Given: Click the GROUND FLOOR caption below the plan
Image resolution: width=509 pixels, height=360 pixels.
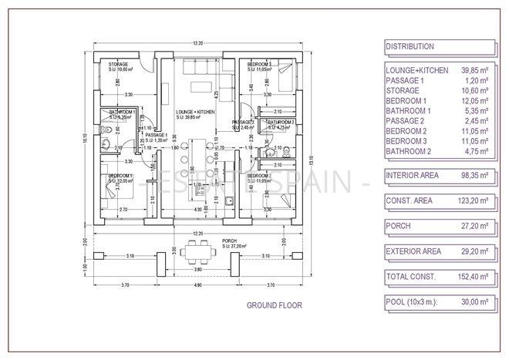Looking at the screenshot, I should tap(274, 305).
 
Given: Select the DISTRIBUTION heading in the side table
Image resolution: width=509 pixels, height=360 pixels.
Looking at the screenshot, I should tap(410, 47).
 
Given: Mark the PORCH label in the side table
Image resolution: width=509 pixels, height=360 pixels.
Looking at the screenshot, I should tap(398, 226).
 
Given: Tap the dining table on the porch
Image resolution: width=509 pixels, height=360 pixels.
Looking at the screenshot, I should tap(201, 251).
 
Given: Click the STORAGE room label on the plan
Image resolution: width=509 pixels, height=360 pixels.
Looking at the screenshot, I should tap(118, 64).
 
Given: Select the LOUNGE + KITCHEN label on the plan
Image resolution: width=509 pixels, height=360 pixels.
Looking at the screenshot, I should tap(194, 113).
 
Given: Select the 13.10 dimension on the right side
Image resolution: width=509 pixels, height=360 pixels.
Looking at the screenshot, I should tap(310, 163).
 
